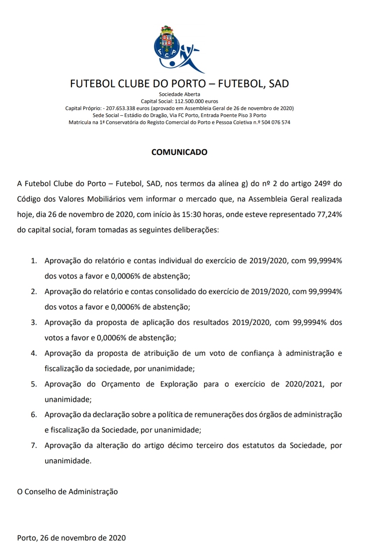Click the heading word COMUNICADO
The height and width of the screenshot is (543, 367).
click(x=179, y=152)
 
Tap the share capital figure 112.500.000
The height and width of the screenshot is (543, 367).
click(x=189, y=101)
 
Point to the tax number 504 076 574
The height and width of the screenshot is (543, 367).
click(x=276, y=122)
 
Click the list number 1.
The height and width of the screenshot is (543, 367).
click(x=34, y=261)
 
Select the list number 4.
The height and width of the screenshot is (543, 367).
click(x=34, y=353)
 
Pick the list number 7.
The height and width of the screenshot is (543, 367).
click(x=34, y=446)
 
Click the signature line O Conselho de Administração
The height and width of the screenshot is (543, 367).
click(x=68, y=492)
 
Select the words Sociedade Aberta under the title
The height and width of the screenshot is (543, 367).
click(x=179, y=94)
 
